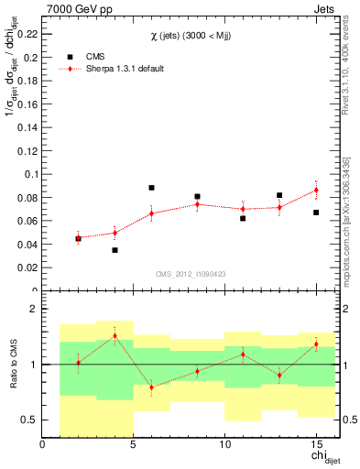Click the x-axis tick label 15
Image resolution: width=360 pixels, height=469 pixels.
(x=315, y=445)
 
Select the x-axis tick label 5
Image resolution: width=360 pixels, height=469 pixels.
(x=133, y=445)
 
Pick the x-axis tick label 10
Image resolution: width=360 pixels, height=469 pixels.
(x=224, y=445)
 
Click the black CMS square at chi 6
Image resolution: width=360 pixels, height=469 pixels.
(x=151, y=188)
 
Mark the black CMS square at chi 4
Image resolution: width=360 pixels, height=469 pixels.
(x=115, y=250)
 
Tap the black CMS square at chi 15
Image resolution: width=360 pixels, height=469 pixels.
(x=316, y=213)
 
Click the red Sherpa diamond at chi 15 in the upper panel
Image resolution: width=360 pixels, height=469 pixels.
(x=316, y=190)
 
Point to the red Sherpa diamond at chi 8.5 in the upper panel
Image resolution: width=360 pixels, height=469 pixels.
(x=197, y=204)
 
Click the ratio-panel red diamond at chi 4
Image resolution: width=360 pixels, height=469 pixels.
(x=115, y=335)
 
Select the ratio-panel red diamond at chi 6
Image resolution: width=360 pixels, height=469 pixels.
(x=151, y=387)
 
